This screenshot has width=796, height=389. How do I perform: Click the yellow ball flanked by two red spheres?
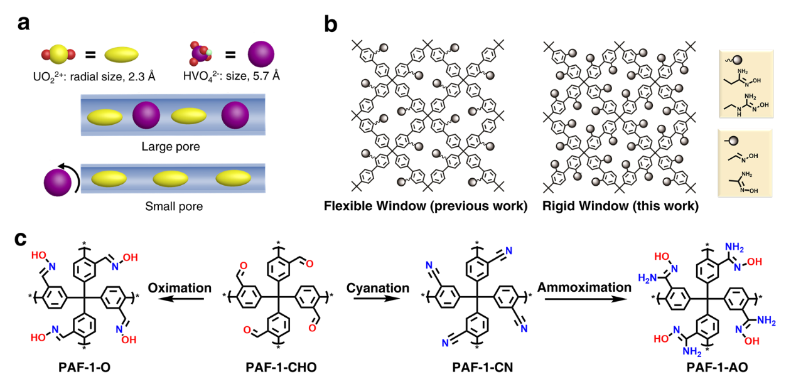[x=58, y=55]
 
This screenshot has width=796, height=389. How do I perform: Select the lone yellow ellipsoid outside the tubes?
[x=121, y=55]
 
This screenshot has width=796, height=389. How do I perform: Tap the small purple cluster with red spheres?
[x=200, y=54]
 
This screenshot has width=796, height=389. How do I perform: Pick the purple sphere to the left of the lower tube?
[x=58, y=183]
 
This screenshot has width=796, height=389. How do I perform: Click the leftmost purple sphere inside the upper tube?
[x=146, y=115]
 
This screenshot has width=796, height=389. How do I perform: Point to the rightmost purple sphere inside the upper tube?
[x=235, y=115]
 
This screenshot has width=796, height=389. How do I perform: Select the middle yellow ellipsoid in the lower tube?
[x=171, y=179]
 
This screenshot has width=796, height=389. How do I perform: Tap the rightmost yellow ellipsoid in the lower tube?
[x=233, y=178]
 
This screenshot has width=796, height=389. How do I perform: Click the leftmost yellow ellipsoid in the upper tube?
[x=105, y=117]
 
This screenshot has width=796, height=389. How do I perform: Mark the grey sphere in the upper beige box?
[x=738, y=60]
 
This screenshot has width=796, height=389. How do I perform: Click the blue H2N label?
[x=647, y=278]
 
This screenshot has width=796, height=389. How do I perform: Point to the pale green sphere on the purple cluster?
[x=210, y=52]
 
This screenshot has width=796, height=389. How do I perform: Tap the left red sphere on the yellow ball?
[x=46, y=55]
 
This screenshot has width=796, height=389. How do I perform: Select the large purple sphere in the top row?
[x=261, y=54]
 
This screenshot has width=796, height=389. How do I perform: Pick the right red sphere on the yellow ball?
[x=71, y=55]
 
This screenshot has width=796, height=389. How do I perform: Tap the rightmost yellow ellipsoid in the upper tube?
[x=189, y=116]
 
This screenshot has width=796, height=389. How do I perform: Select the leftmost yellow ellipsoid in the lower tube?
[x=109, y=179]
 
